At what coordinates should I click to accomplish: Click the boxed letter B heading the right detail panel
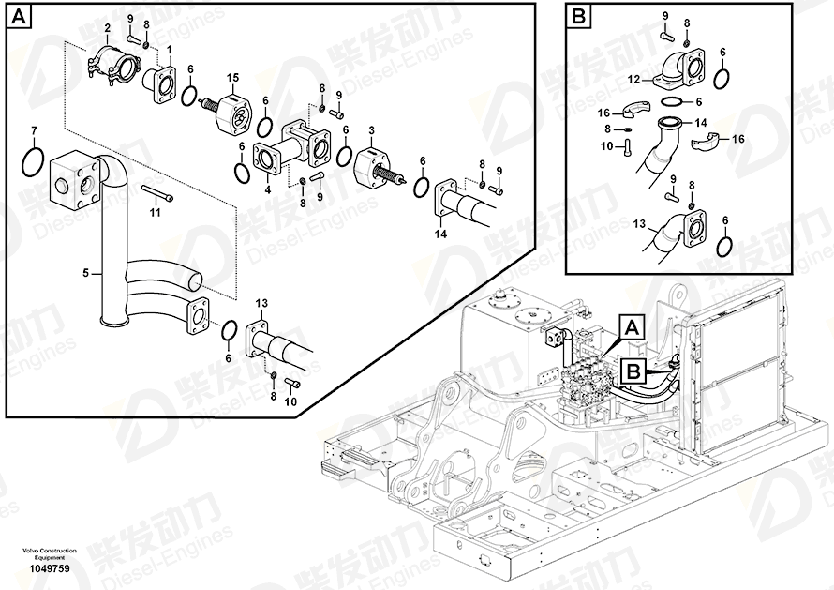click(578, 16)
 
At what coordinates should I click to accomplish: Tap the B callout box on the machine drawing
click(633, 371)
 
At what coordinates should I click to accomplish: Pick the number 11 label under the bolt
click(156, 213)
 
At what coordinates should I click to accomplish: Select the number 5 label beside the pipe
click(85, 274)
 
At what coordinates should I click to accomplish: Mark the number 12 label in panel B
click(633, 79)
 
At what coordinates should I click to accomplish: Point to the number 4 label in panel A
click(267, 189)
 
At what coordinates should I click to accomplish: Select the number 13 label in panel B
click(640, 225)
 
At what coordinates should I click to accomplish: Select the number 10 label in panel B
click(605, 145)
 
